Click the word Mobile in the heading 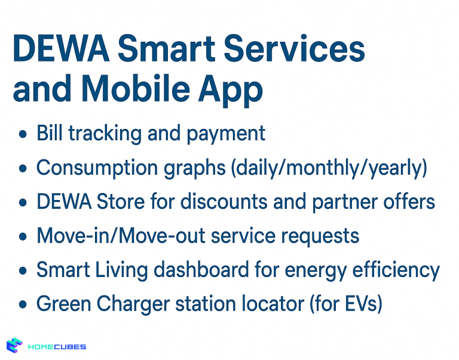(x=139, y=91)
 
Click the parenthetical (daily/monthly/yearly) (x=329, y=168)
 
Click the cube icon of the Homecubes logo (x=15, y=346)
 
